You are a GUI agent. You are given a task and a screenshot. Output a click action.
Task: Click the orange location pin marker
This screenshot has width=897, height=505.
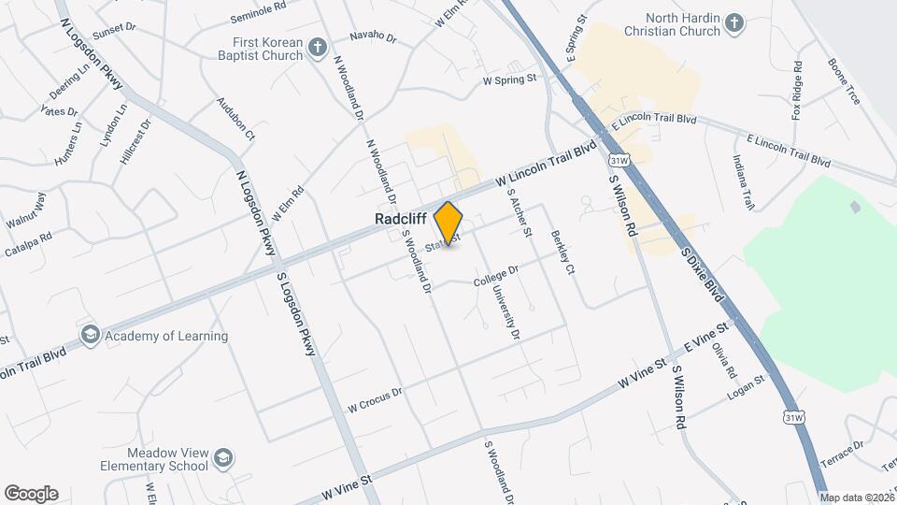tap(448, 224)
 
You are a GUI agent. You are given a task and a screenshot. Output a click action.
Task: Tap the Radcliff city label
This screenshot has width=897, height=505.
tap(400, 218)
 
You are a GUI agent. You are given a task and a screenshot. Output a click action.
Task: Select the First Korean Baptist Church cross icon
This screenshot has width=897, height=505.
tap(318, 47)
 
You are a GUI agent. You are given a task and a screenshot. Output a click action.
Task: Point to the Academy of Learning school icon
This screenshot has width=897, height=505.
tap(90, 335)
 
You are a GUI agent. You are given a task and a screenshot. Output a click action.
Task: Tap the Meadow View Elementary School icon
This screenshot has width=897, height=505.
tap(223, 457)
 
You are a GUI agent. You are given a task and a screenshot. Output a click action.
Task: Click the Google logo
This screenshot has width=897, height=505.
tap(31, 494)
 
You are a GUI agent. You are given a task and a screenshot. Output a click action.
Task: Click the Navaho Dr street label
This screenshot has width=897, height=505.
tap(373, 38)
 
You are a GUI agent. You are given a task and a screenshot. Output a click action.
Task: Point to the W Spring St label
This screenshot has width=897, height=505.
tap(509, 80)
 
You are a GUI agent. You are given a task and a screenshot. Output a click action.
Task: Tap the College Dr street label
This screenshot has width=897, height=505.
tap(496, 275)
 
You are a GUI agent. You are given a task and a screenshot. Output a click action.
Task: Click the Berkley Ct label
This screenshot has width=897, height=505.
tap(562, 253)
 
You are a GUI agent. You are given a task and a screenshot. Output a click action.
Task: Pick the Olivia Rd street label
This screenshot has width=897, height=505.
tap(725, 360)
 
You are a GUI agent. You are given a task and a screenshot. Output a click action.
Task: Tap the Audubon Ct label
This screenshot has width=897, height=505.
tap(235, 118)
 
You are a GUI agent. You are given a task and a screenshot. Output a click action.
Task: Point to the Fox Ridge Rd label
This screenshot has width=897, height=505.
tap(797, 91)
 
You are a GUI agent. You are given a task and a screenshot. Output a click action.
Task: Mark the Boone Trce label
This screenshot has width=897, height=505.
tap(843, 81)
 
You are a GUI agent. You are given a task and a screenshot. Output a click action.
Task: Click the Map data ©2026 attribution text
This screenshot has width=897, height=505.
tap(857, 497)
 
